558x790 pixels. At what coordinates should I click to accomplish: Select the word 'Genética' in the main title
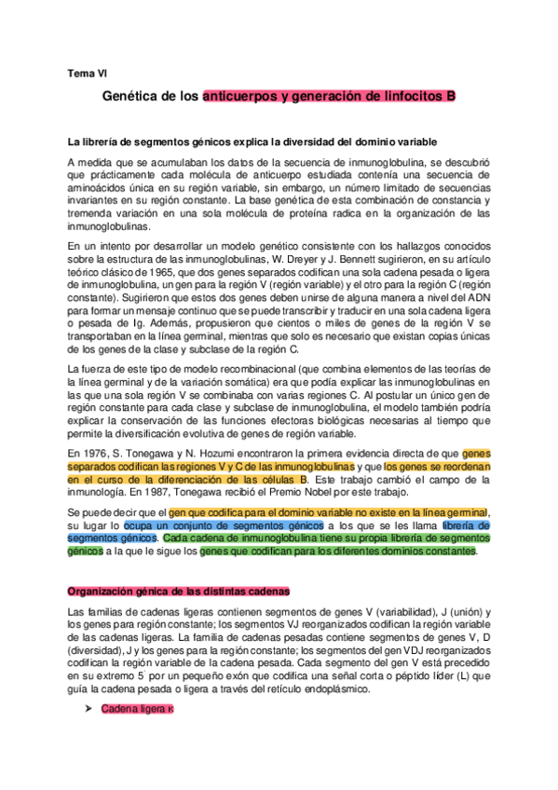[x=129, y=96]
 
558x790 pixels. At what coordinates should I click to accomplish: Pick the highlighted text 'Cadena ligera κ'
[x=137, y=709]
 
